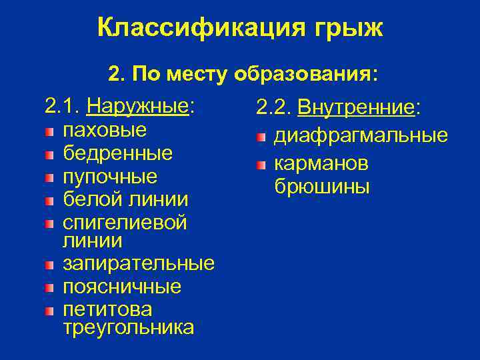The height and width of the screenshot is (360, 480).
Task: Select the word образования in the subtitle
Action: [x=305, y=75]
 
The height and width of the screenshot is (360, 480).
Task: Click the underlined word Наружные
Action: [x=139, y=106]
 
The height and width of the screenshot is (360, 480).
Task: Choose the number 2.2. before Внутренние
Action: [x=274, y=107]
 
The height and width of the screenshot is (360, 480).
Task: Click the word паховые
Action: [x=105, y=129]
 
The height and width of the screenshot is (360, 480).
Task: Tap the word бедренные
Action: [x=118, y=153]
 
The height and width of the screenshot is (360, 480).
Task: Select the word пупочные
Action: [x=111, y=177]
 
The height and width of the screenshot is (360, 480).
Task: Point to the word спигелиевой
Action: [x=125, y=222]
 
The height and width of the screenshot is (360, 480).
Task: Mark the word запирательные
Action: [x=139, y=263]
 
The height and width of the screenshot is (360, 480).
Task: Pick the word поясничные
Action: [x=122, y=287]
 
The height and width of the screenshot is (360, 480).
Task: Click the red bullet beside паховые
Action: [x=50, y=131]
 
